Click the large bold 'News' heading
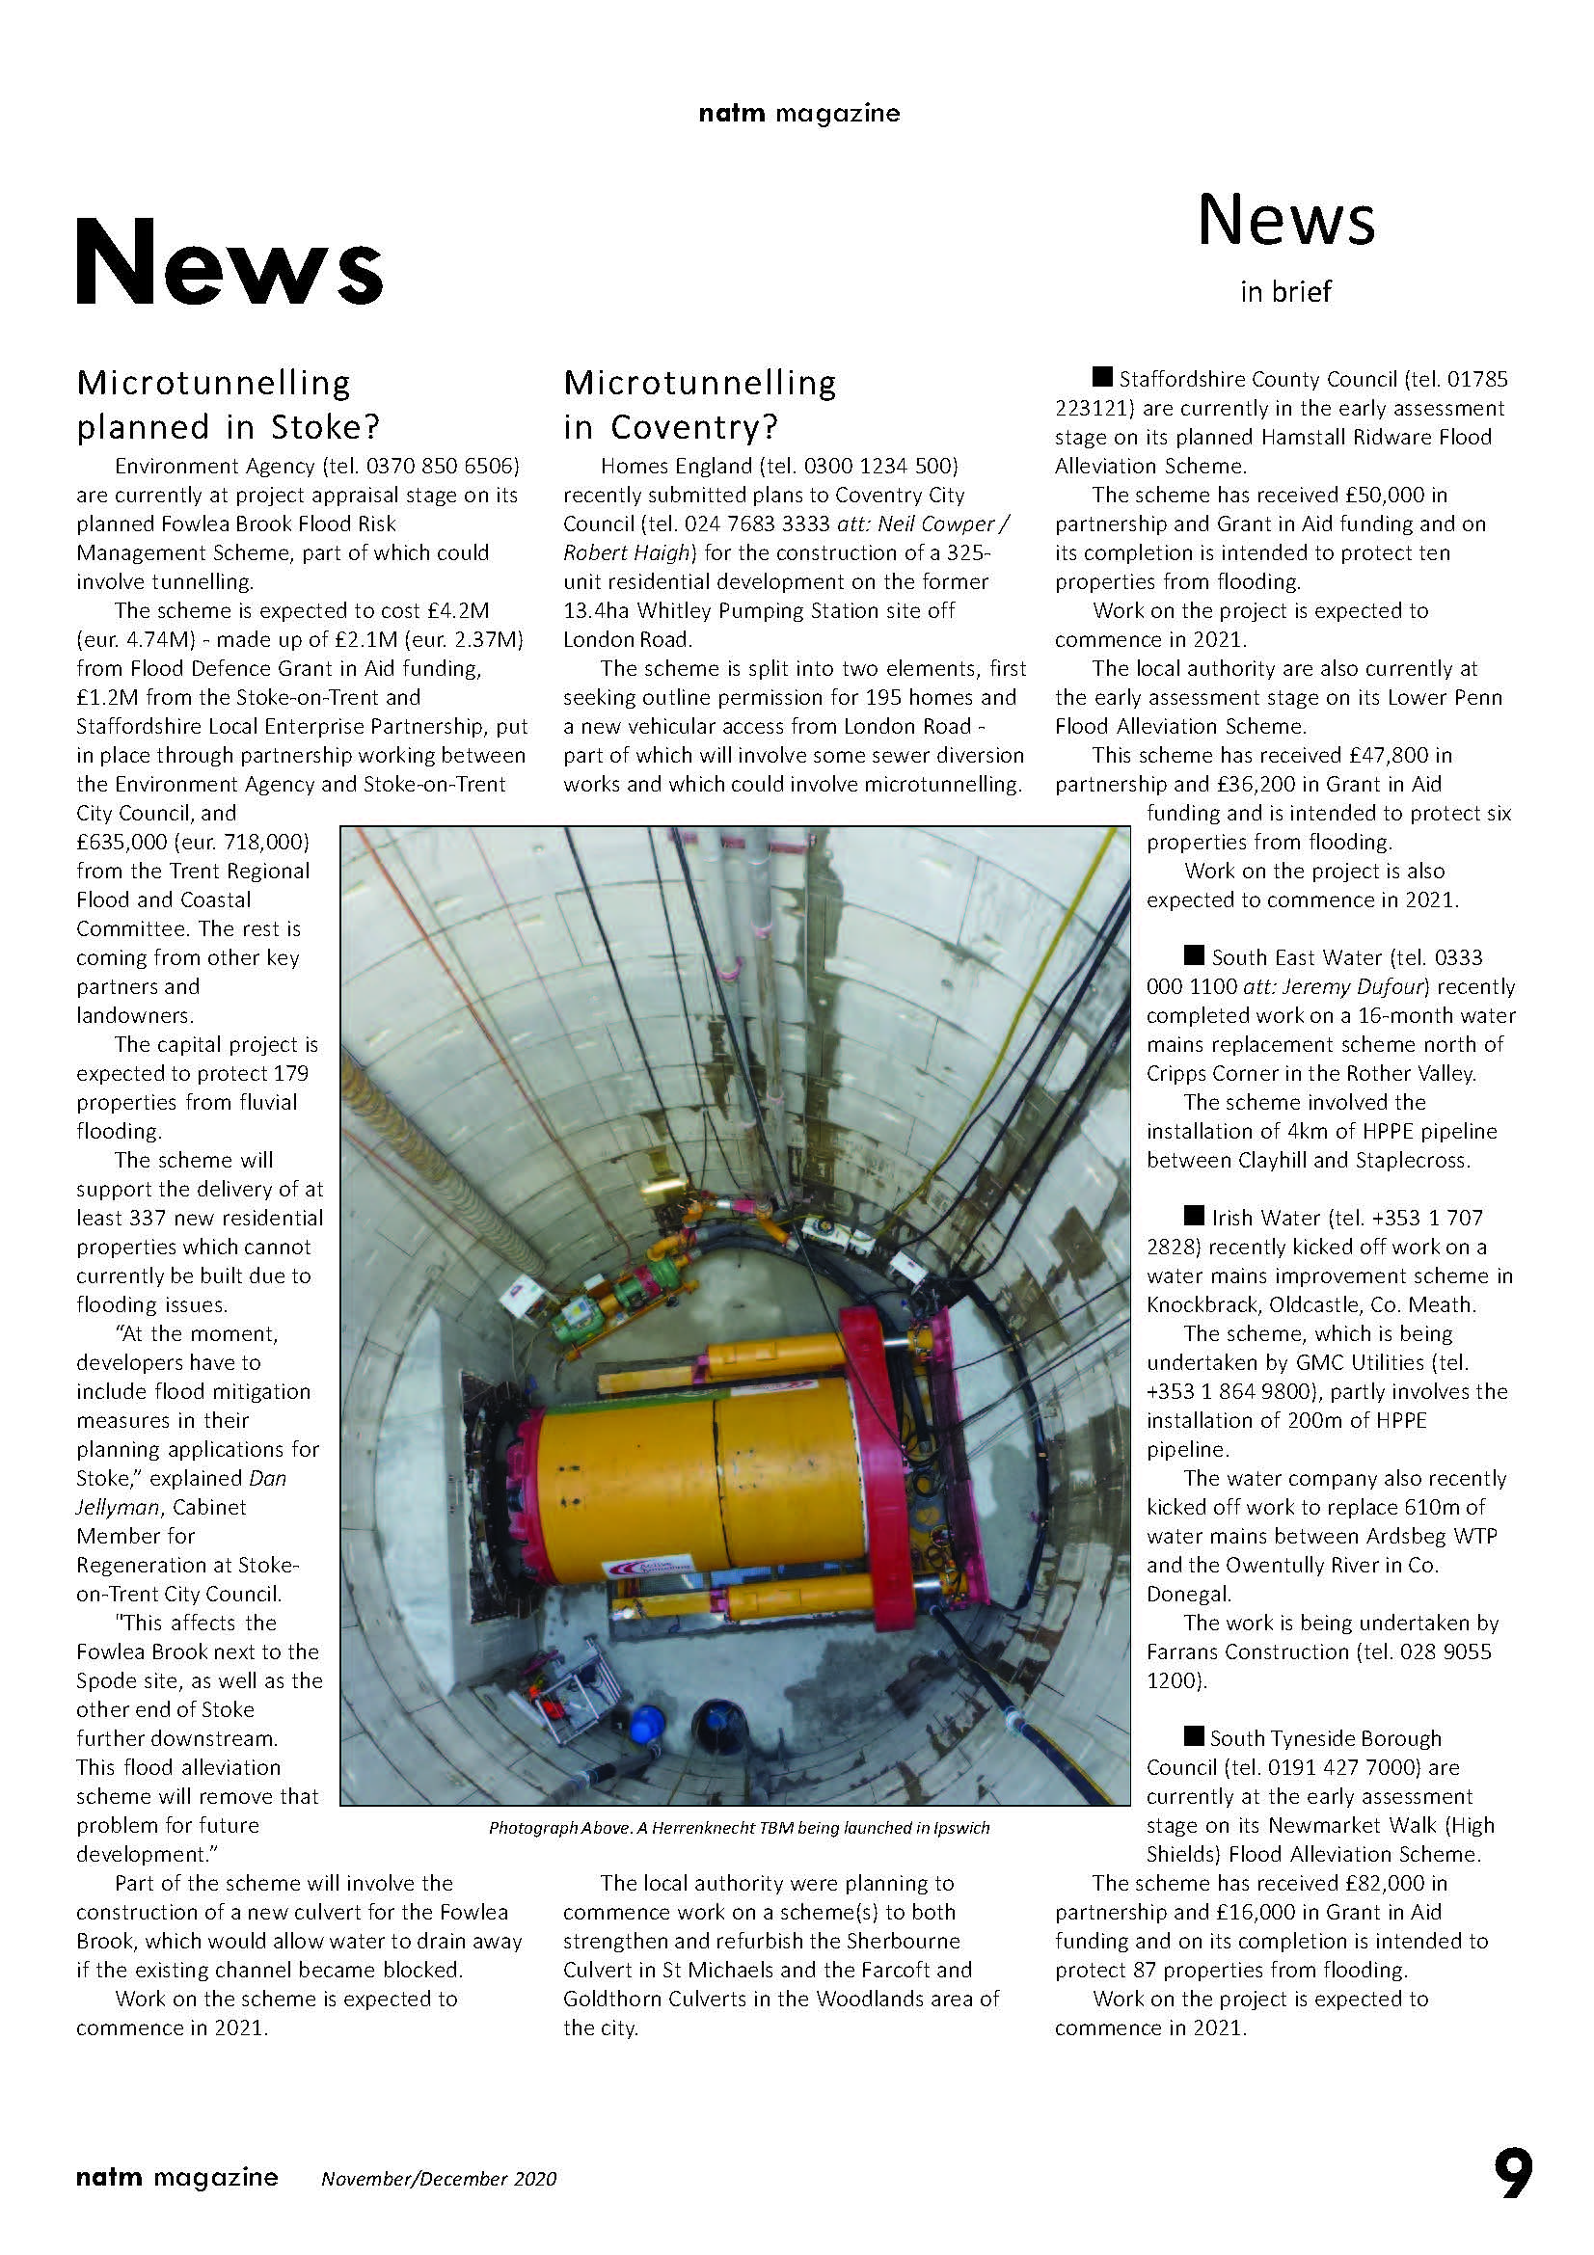point(228,262)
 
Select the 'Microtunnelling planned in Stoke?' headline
point(228,404)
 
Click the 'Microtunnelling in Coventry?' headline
point(699,404)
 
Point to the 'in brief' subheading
point(1284,292)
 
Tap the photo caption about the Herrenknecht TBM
point(739,1828)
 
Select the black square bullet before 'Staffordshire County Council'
point(1102,377)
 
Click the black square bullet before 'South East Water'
point(1193,954)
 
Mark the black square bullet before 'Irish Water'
point(1193,1216)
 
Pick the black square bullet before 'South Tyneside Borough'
point(1193,1735)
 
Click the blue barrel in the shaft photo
point(647,1724)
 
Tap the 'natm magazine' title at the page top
point(798,113)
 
